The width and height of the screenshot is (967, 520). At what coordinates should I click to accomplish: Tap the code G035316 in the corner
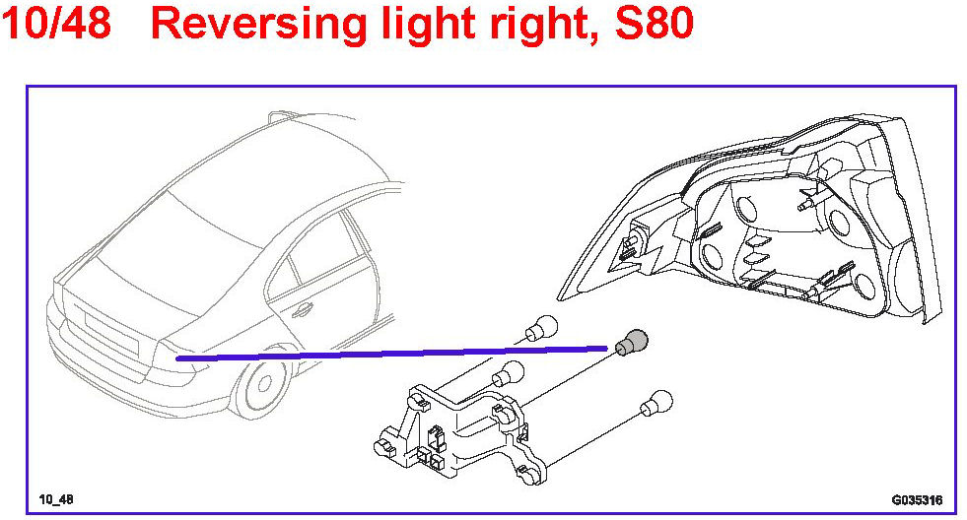918,499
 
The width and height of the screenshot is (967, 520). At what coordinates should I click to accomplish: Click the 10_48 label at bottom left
56,499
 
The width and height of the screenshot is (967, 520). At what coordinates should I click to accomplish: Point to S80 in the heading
653,25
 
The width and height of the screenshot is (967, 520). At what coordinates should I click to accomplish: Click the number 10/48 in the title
56,25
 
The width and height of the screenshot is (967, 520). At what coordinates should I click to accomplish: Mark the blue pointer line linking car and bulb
394,353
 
